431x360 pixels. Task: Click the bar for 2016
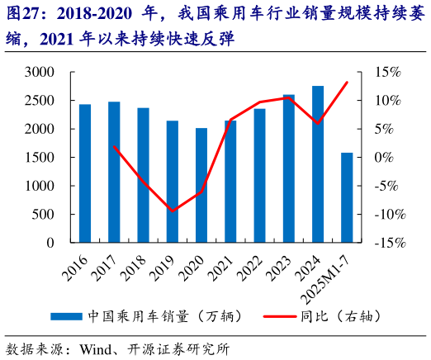[x=85, y=173]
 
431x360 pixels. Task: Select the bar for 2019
[x=173, y=182]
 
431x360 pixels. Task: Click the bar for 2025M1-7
[x=347, y=197]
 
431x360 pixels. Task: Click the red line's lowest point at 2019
[x=173, y=211]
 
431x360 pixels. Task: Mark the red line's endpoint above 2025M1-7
[x=347, y=82]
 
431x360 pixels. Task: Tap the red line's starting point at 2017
[x=114, y=146]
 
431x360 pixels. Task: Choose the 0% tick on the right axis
[x=388, y=158]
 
